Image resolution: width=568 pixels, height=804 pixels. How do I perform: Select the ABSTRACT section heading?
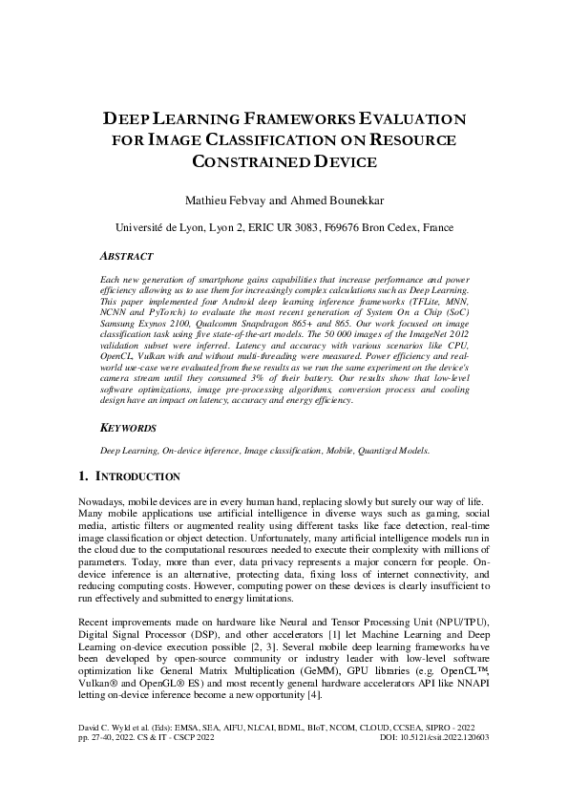[130, 257]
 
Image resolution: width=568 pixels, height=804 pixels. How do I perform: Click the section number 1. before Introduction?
[82, 476]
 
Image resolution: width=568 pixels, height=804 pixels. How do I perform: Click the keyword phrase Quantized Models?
[400, 449]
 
